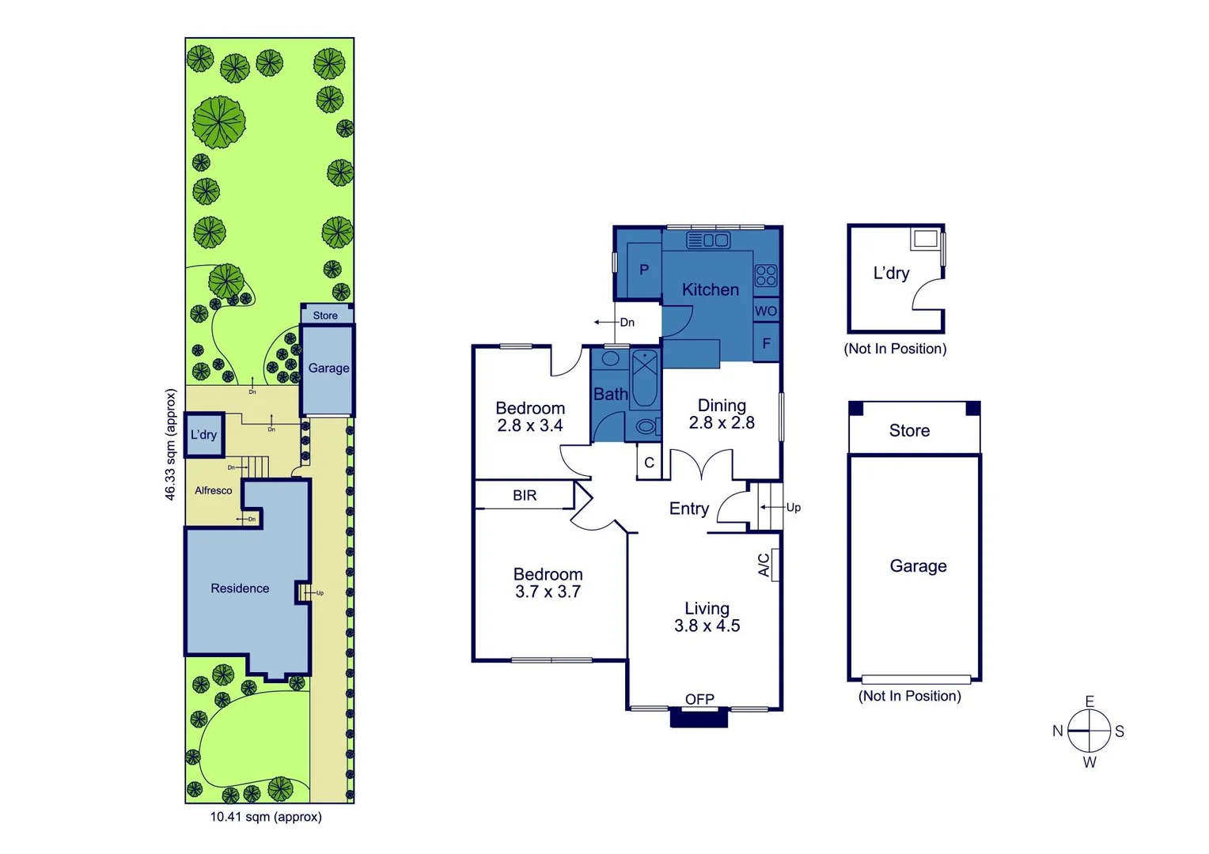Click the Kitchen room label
[x=711, y=289]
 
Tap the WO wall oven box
[x=766, y=311]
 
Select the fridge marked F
[x=766, y=343]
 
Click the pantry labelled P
[x=644, y=270]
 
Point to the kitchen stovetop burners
[x=766, y=275]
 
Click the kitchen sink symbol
[x=708, y=240]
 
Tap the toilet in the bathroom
[x=646, y=427]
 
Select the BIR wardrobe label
[x=525, y=495]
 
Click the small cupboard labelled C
[x=649, y=463]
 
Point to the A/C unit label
[x=764, y=565]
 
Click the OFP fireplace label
[x=699, y=699]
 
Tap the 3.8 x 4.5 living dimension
[x=707, y=626]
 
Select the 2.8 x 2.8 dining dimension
[x=722, y=423]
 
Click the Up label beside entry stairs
[x=794, y=508]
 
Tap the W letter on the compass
[x=1090, y=762]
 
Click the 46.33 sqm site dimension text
[x=170, y=444]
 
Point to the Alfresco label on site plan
[x=214, y=490]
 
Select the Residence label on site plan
[x=240, y=588]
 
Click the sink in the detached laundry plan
[x=924, y=238]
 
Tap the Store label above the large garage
[x=909, y=431]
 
